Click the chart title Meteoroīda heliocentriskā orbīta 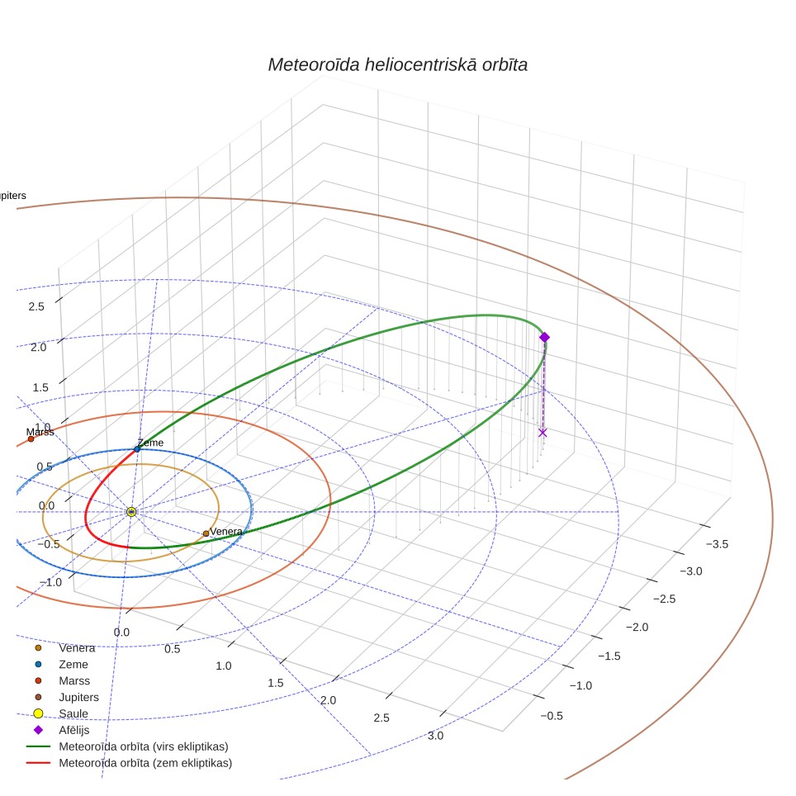(397, 65)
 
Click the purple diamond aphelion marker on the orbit (545, 337)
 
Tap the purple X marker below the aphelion (543, 433)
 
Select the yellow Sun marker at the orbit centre (131, 512)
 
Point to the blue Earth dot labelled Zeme (137, 449)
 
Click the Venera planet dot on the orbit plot (206, 533)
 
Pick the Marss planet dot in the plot (31, 438)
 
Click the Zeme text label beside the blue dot (151, 443)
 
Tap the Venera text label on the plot (226, 532)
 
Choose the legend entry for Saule (73, 713)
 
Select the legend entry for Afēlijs (73, 730)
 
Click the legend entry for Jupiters (78, 698)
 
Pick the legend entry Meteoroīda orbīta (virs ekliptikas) (144, 746)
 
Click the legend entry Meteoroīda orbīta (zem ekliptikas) (145, 763)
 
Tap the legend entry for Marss (74, 680)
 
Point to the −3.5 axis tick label (717, 544)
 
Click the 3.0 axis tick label (435, 736)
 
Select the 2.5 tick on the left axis (36, 306)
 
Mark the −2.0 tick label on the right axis (637, 628)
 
